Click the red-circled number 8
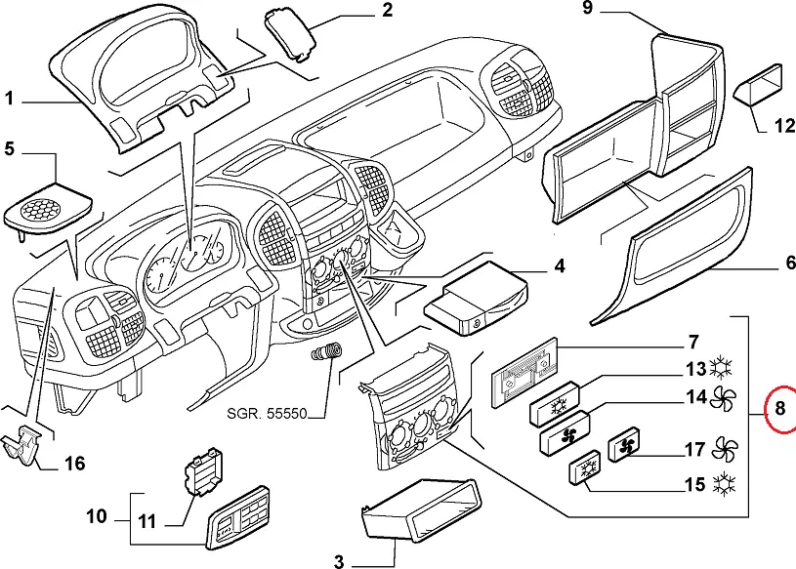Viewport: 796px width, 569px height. (778, 409)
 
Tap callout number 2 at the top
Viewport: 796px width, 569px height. (387, 12)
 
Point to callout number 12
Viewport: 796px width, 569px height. (784, 125)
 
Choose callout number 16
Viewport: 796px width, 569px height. (74, 463)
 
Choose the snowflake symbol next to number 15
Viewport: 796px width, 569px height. (724, 483)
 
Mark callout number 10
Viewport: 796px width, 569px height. (96, 515)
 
